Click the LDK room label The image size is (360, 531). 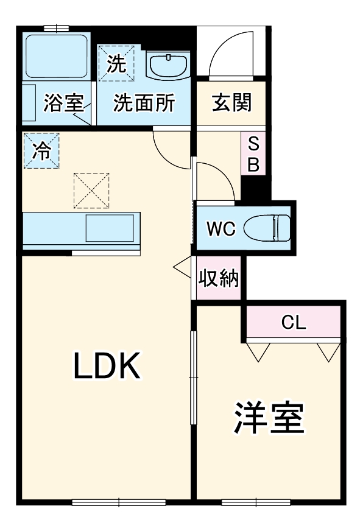[108, 365]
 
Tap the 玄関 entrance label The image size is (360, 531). [231, 104]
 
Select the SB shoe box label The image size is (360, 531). [253, 155]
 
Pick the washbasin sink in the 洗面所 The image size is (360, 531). [167, 65]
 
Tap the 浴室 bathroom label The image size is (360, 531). [63, 104]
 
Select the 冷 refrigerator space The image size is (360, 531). [41, 150]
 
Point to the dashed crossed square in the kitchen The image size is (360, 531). [91, 189]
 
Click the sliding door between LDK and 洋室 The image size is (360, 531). [192, 378]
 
